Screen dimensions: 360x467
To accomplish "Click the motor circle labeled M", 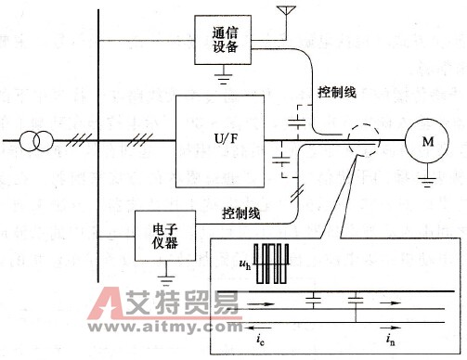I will click(x=428, y=141).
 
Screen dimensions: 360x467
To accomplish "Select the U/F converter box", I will click(x=220, y=140).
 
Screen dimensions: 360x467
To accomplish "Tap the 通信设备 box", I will click(x=223, y=40).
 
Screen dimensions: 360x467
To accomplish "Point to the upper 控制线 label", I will click(x=335, y=93).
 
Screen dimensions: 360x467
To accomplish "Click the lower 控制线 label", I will click(x=240, y=212).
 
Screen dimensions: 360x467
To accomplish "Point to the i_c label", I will click(x=259, y=341).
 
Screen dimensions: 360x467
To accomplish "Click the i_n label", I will click(x=387, y=341).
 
